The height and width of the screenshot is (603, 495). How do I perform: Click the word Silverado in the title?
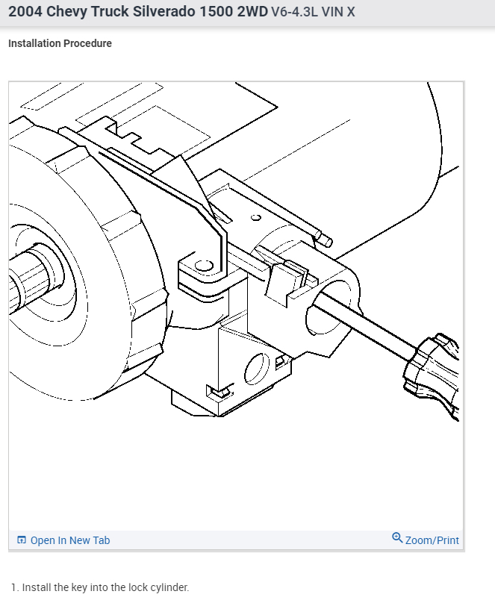(164, 11)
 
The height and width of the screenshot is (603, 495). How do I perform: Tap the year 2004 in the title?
(25, 11)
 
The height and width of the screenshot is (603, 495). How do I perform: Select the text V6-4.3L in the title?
(295, 12)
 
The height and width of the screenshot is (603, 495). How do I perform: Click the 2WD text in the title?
(252, 11)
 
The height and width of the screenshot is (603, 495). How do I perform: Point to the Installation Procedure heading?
(60, 43)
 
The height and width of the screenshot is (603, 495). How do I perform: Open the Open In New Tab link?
(70, 540)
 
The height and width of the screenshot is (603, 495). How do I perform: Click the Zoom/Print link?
(432, 540)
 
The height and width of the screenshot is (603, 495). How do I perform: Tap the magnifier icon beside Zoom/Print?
(397, 537)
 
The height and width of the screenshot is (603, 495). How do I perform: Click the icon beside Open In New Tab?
(22, 540)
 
